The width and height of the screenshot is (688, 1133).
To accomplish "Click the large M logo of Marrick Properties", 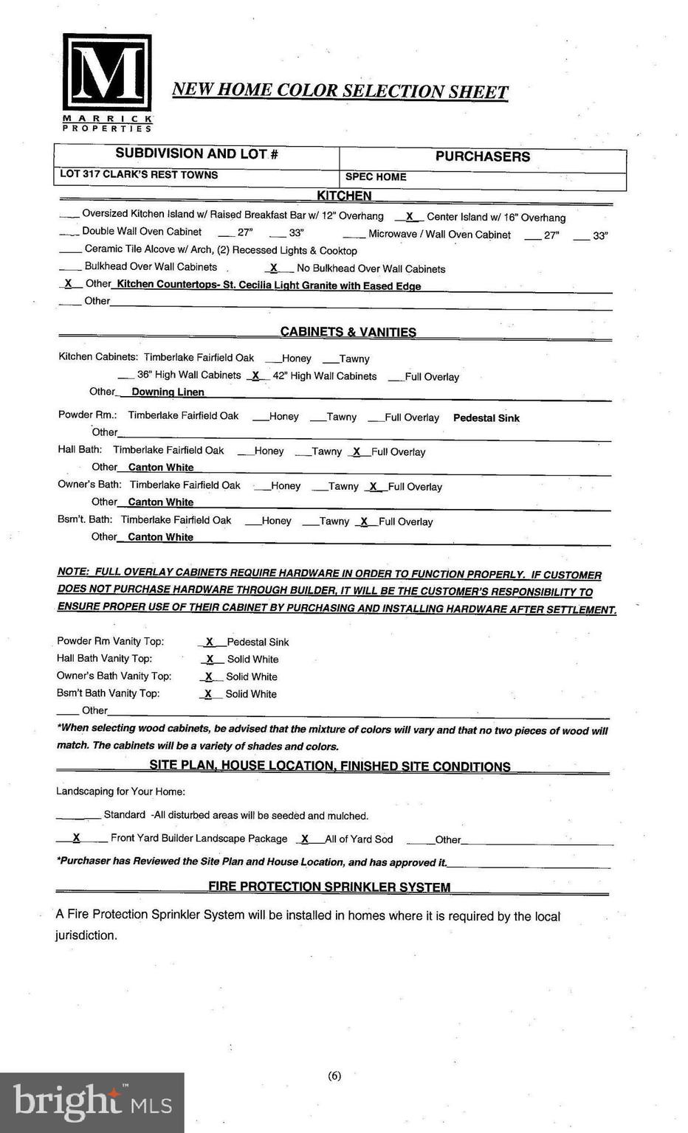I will (107, 74).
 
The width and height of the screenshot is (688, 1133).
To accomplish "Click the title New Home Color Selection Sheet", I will (340, 91).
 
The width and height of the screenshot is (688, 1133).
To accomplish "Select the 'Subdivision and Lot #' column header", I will (196, 154).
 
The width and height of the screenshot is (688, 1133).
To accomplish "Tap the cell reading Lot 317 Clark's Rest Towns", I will (139, 175).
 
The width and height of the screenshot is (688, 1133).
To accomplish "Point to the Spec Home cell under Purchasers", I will (376, 177).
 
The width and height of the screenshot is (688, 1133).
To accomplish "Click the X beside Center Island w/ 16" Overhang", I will (410, 217).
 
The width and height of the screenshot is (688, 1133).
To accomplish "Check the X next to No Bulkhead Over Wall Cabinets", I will (274, 268).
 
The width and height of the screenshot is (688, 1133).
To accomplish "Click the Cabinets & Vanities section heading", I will (348, 332).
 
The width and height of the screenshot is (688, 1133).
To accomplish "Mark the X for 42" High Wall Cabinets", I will (255, 375).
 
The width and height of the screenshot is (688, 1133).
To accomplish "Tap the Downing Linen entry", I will (168, 392).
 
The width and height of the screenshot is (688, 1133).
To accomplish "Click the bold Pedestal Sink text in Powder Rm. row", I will (486, 418).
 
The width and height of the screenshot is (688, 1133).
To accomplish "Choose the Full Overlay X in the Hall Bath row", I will (357, 451).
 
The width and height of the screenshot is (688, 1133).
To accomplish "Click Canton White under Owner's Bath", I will (161, 502).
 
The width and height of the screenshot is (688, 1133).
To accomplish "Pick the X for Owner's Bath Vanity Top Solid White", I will (209, 676).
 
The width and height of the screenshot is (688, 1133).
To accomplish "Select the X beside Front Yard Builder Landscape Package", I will (76, 838).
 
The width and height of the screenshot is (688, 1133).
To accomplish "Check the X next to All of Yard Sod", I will (305, 839).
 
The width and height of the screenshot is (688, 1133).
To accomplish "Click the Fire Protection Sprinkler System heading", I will (329, 887).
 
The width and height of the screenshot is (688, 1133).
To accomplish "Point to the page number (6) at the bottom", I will (334, 1076).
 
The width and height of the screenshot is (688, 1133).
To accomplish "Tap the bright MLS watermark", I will (92, 1102).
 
